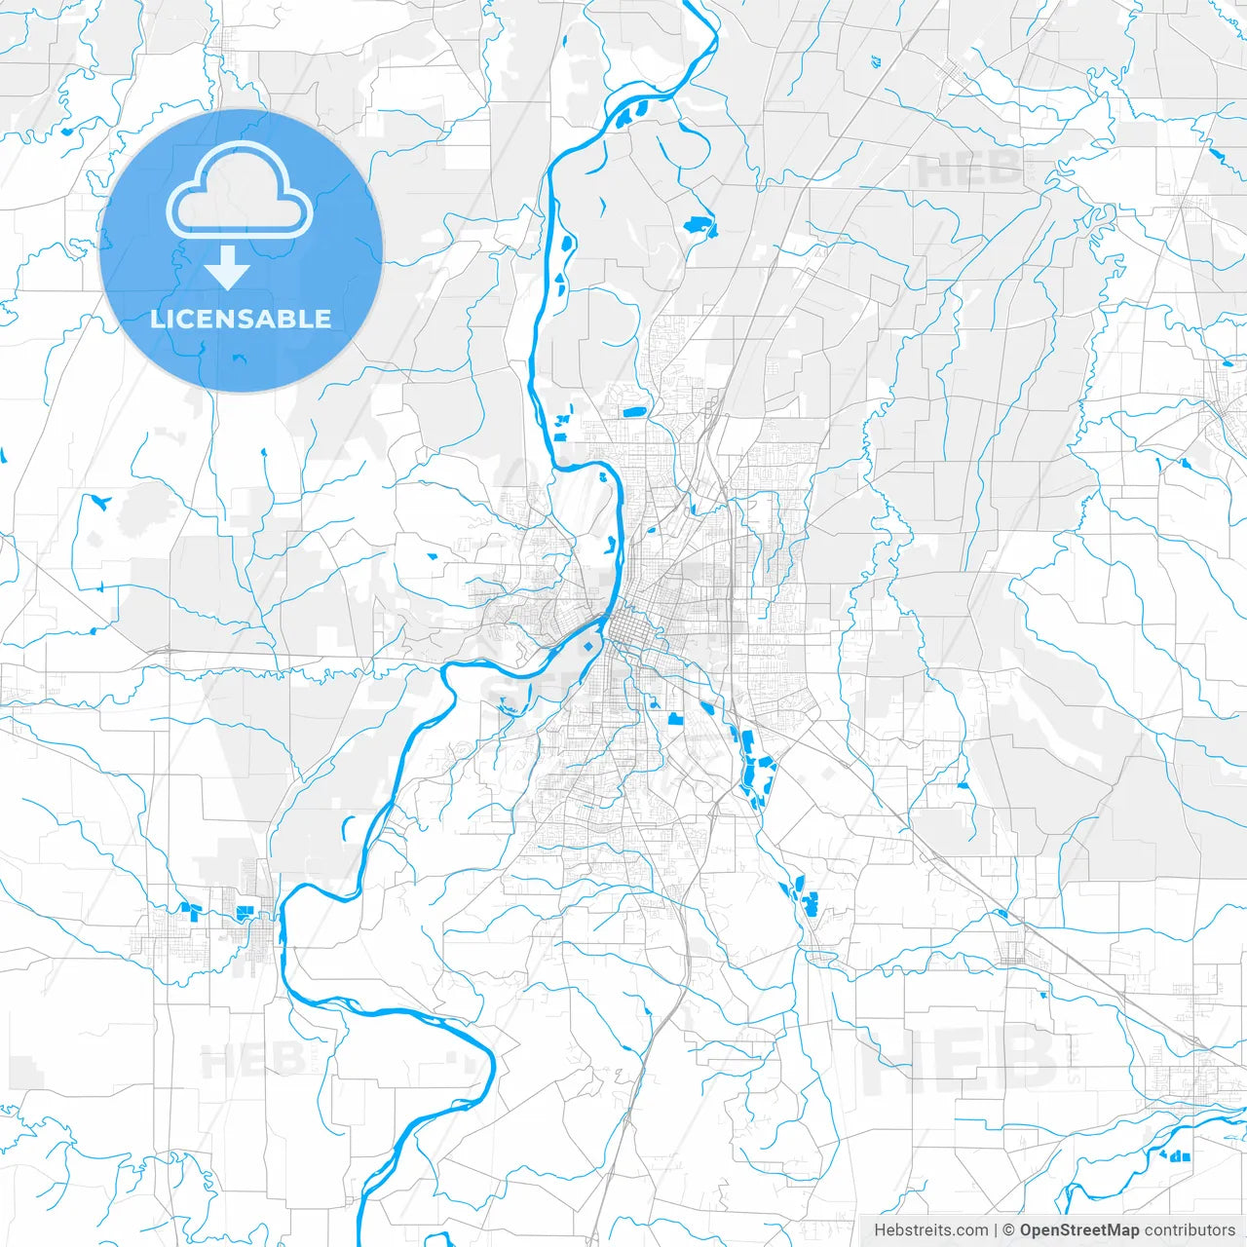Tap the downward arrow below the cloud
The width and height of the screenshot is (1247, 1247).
pyautogui.click(x=227, y=268)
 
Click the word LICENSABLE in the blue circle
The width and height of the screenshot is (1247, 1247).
pyautogui.click(x=241, y=319)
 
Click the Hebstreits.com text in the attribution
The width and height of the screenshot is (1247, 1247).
pyautogui.click(x=930, y=1230)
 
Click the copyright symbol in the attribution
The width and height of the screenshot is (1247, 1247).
pyautogui.click(x=1009, y=1230)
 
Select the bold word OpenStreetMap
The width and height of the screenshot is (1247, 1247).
pyautogui.click(x=1079, y=1230)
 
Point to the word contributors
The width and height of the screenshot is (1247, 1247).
pyautogui.click(x=1190, y=1230)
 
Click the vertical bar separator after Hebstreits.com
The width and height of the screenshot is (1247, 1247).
pyautogui.click(x=996, y=1230)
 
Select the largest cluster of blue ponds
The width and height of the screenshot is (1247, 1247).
pyautogui.click(x=753, y=765)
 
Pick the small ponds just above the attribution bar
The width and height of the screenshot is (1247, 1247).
pyautogui.click(x=1179, y=1155)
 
